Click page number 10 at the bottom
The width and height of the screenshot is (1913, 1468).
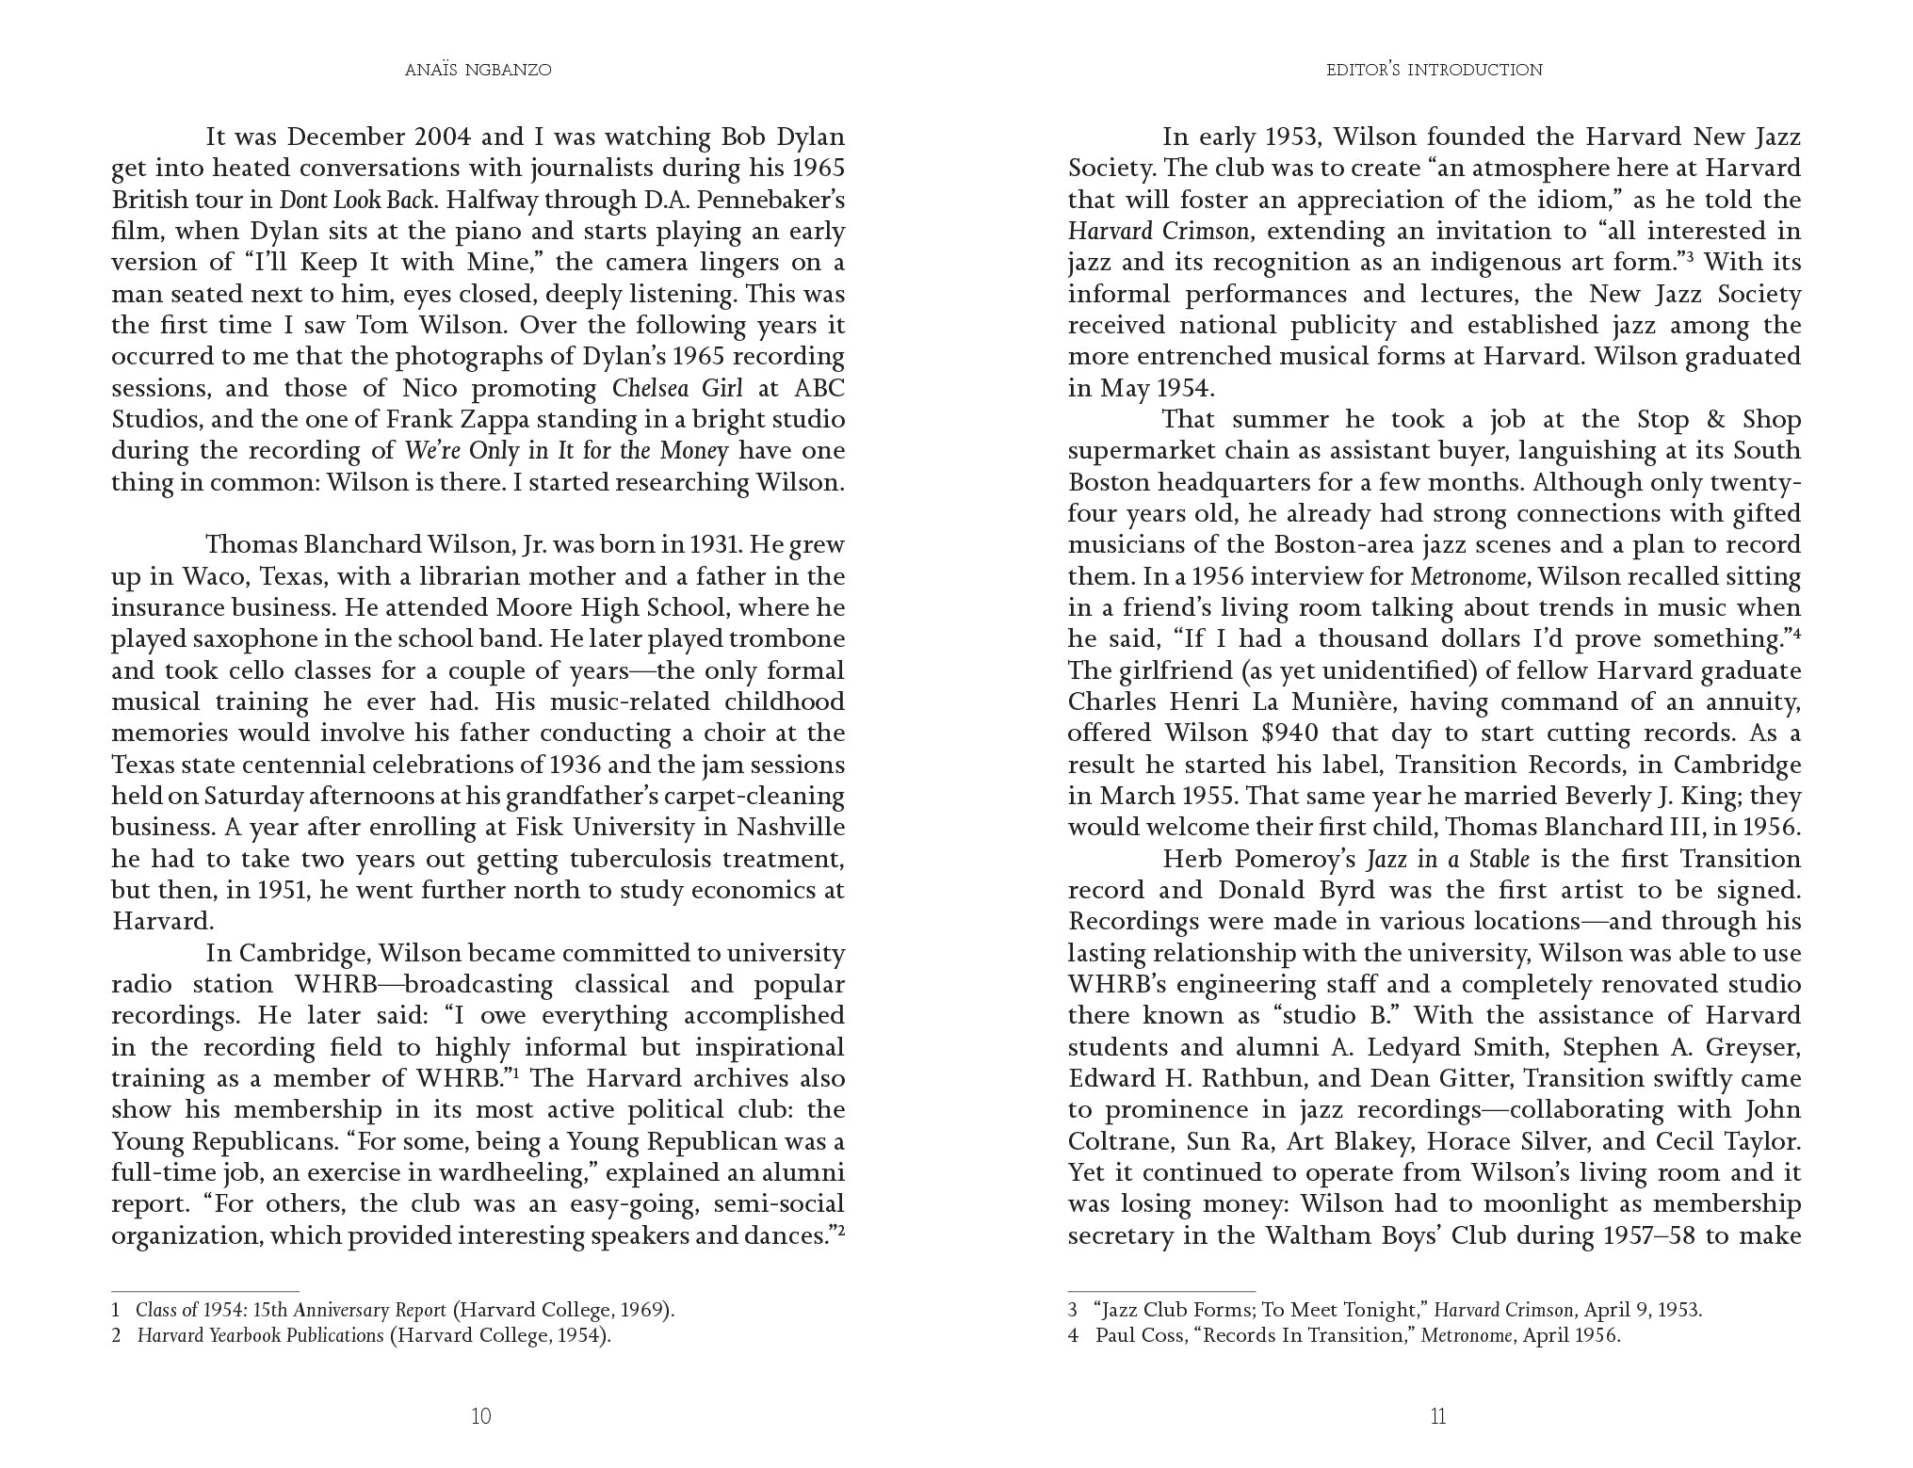click(x=480, y=1416)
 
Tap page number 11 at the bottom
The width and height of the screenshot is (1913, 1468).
click(x=1437, y=1416)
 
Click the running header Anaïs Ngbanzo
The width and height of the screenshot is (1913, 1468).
click(x=478, y=70)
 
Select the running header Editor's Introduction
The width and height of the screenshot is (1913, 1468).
click(x=1435, y=70)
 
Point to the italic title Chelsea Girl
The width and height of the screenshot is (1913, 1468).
click(x=676, y=388)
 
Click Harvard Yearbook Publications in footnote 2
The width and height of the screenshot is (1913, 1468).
click(x=261, y=1335)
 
